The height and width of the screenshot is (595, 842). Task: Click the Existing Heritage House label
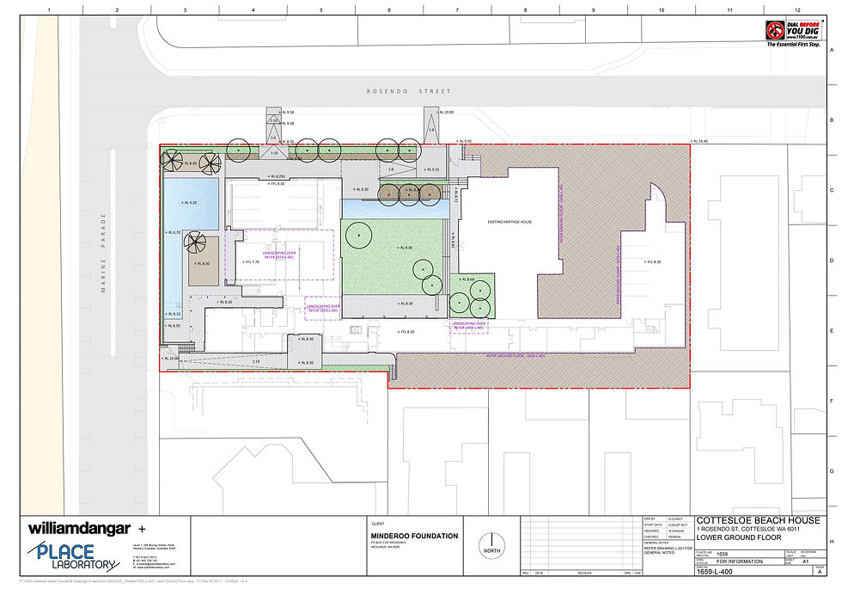510,222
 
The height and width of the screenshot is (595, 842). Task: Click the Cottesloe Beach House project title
759,521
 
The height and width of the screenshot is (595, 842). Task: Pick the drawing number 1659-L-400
714,571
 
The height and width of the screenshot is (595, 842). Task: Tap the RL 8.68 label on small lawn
466,279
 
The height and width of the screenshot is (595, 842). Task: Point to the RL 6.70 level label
174,233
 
